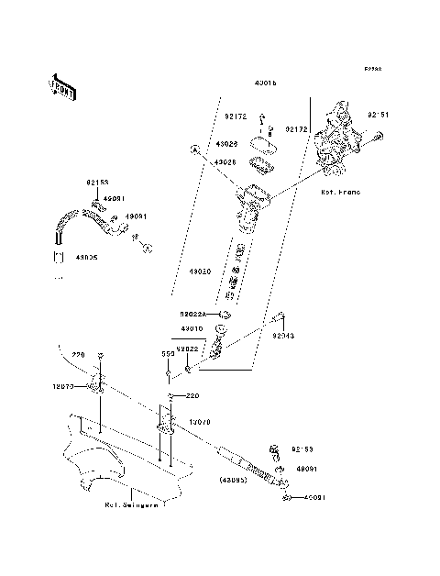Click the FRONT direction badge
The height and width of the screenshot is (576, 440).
pyautogui.click(x=62, y=86)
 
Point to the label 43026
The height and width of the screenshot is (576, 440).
pyautogui.click(x=226, y=145)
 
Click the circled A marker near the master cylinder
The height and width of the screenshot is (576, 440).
pyautogui.click(x=194, y=148)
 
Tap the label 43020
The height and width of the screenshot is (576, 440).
pyautogui.click(x=200, y=272)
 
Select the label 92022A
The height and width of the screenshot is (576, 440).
pyautogui.click(x=193, y=315)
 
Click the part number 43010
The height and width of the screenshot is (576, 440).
pyautogui.click(x=192, y=328)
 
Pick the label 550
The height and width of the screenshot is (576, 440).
pyautogui.click(x=168, y=352)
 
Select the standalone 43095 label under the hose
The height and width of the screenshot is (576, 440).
pyautogui.click(x=63, y=258)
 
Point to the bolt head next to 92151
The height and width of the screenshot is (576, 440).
pyautogui.click(x=377, y=138)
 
